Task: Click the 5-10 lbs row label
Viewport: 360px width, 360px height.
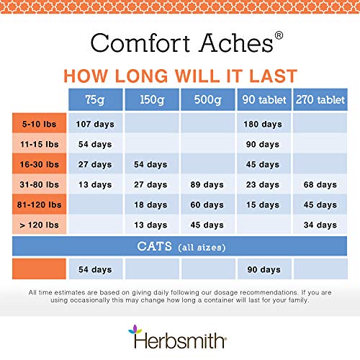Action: click(38, 124)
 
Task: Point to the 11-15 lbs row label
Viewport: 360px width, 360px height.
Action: click(38, 144)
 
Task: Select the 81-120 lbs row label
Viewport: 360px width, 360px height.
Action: click(38, 204)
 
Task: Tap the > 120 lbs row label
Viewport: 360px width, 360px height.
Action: click(38, 225)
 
